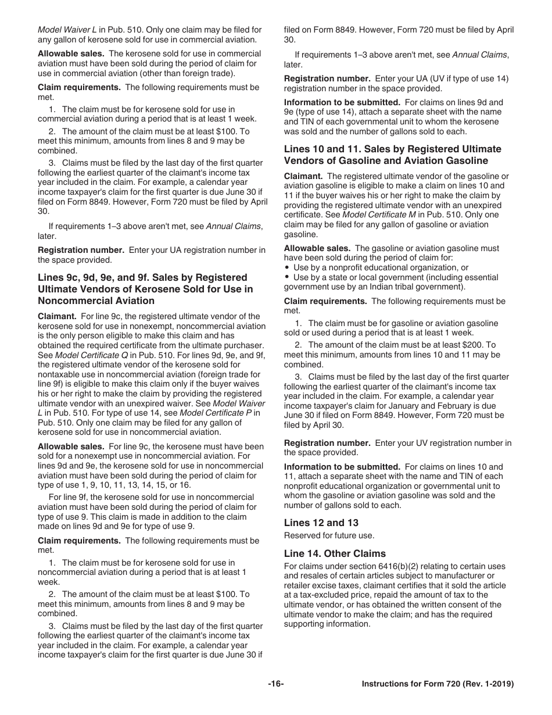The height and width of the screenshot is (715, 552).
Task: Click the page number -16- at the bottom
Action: [x=275, y=684]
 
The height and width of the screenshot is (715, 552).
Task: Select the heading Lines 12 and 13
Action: [x=321, y=523]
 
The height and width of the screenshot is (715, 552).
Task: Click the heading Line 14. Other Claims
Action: [x=335, y=553]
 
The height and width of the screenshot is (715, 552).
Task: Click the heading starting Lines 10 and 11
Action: [x=392, y=155]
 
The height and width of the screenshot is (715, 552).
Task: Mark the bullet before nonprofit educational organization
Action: [x=288, y=268]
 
